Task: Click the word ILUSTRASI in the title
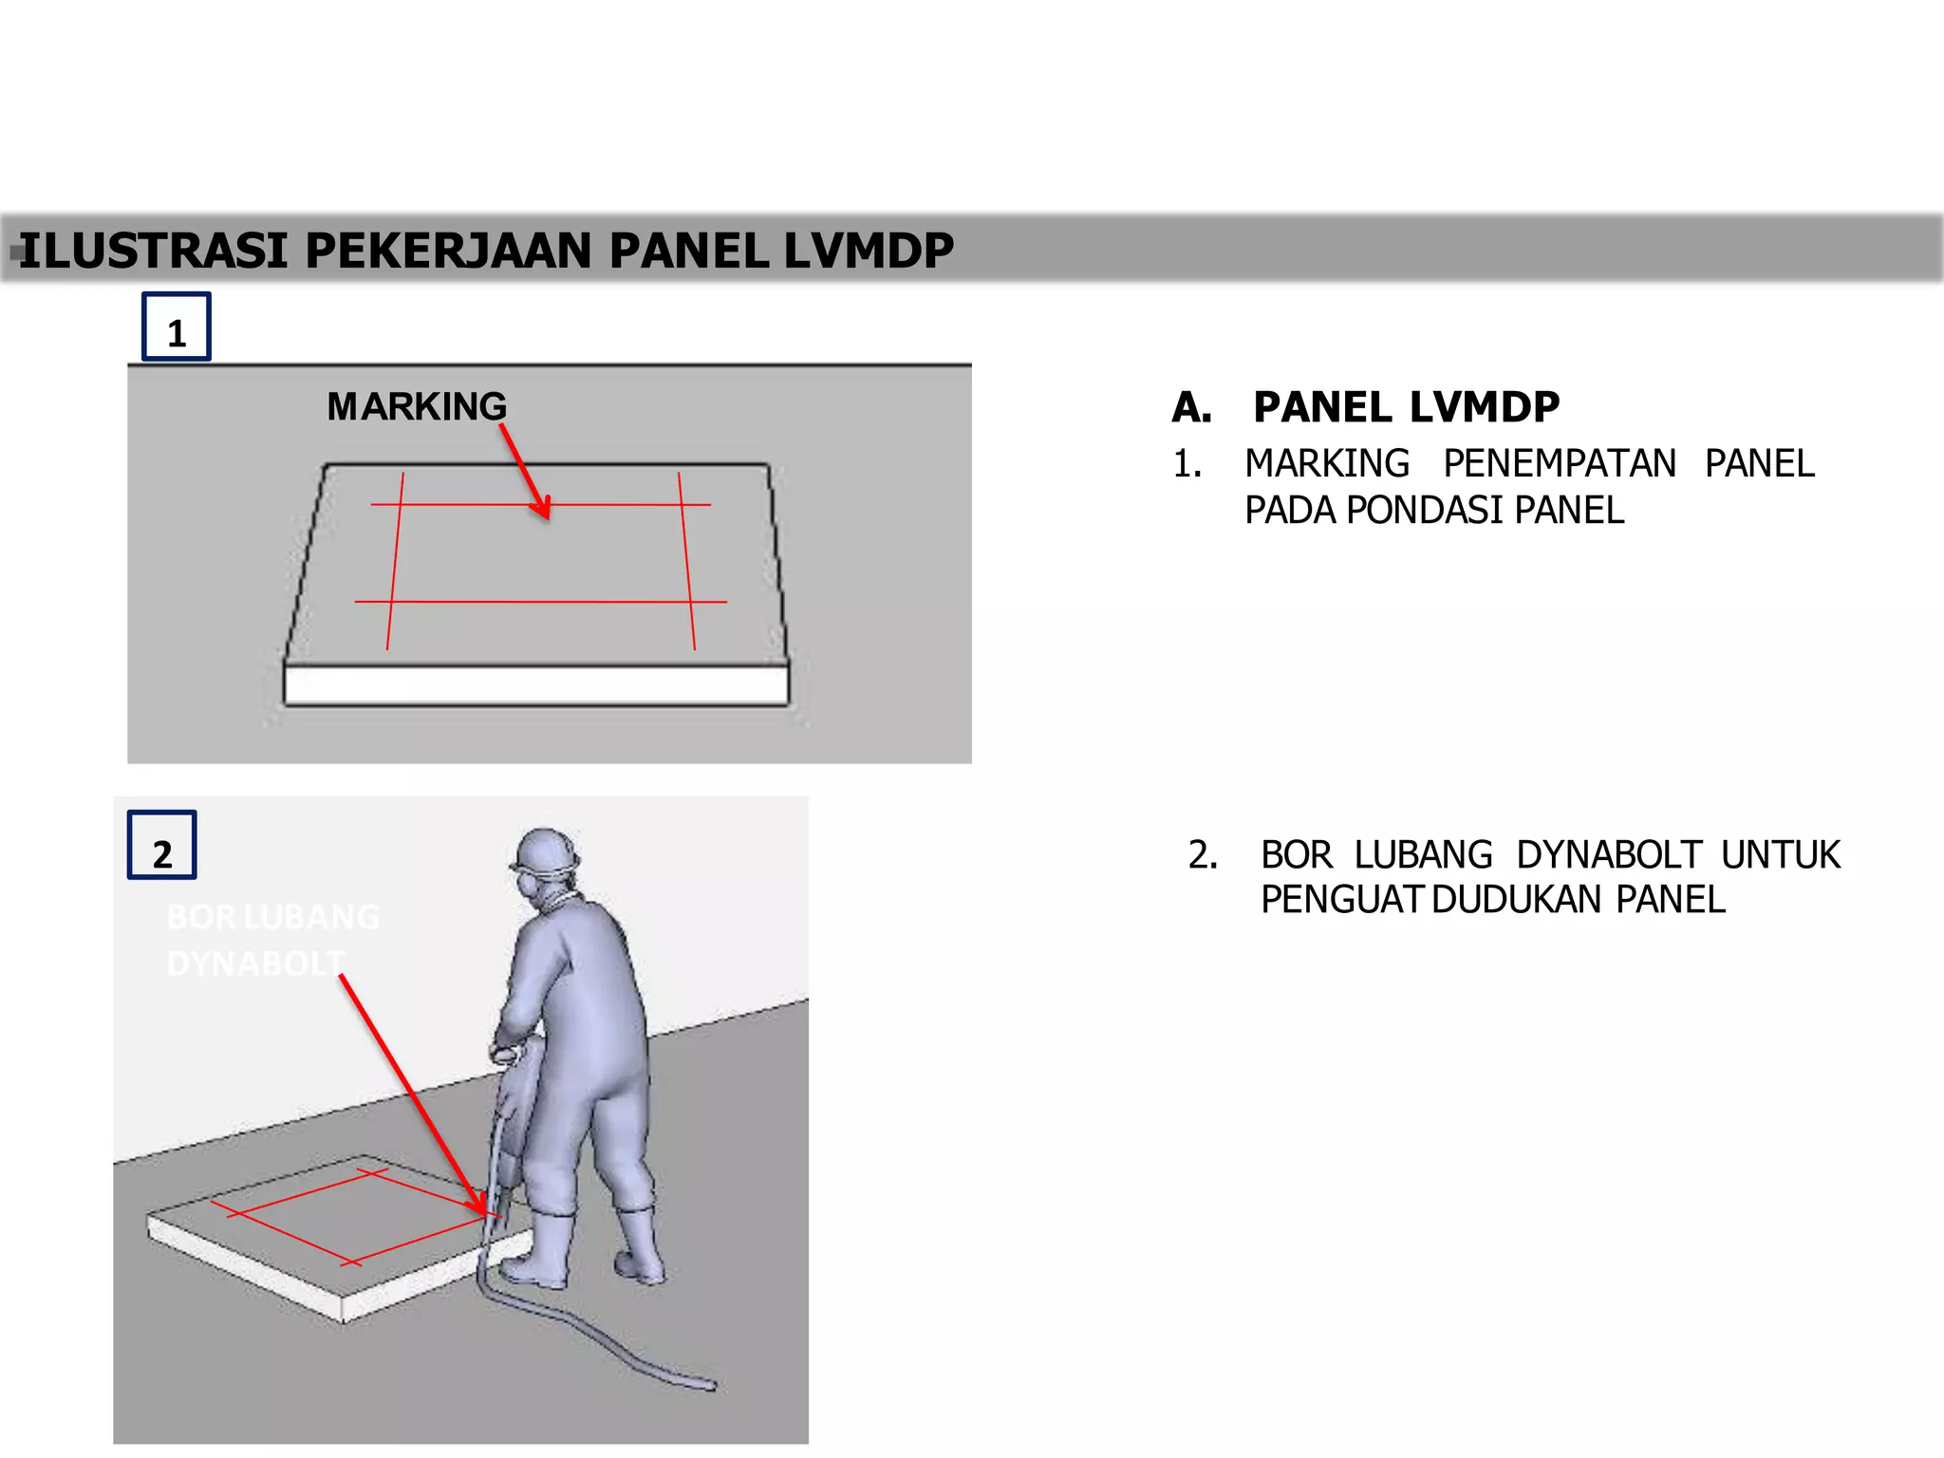[x=152, y=252]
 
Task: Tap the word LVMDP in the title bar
[x=868, y=252]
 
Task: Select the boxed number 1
[x=177, y=327]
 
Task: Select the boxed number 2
[x=162, y=846]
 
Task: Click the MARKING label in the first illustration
[x=417, y=407]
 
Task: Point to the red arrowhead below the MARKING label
[x=542, y=507]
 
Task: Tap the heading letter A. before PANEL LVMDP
[x=1192, y=408]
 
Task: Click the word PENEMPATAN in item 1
[x=1560, y=464]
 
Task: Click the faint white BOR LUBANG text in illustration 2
[x=272, y=917]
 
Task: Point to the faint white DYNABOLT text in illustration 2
[x=254, y=964]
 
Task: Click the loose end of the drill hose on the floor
[x=707, y=1385]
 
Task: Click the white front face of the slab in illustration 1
[x=536, y=685]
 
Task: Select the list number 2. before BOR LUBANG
[x=1203, y=855]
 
